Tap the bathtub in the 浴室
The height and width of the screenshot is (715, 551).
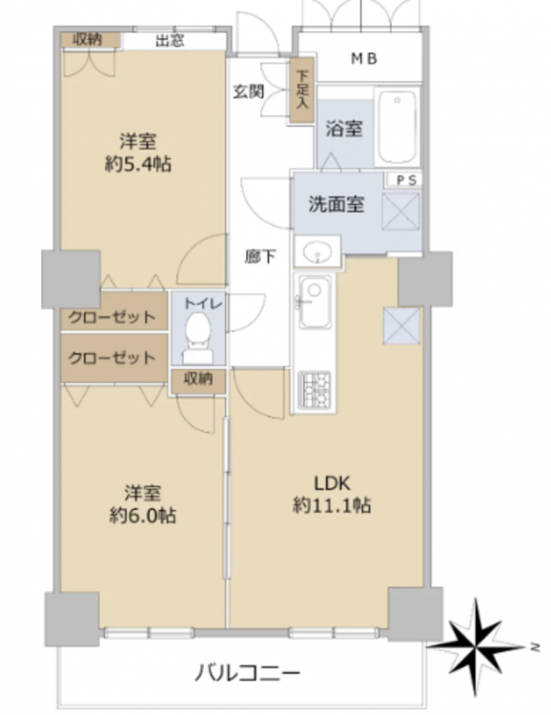[398, 126]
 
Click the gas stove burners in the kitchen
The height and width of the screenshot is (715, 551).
[315, 389]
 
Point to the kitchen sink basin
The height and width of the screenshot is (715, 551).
[315, 301]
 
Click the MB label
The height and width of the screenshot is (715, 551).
[363, 58]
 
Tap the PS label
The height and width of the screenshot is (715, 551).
[406, 179]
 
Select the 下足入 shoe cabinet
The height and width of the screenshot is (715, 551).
[302, 90]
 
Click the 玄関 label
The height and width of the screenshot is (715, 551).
[249, 92]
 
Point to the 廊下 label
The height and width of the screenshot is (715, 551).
[259, 256]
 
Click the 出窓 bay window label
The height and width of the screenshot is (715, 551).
[170, 41]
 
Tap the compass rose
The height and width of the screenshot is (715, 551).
[477, 646]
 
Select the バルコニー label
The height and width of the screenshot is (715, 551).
[248, 672]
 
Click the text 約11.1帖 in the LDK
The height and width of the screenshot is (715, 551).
[332, 505]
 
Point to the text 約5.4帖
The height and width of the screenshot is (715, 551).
[138, 163]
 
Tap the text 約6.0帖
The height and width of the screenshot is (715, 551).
[143, 515]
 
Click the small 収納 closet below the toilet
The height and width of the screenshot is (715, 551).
[198, 379]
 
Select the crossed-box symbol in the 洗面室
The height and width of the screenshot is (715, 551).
[401, 212]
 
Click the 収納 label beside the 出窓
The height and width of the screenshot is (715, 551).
[88, 40]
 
